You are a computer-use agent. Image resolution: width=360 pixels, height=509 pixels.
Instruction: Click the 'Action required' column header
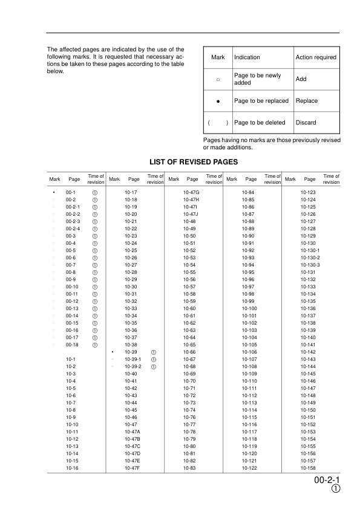(315, 57)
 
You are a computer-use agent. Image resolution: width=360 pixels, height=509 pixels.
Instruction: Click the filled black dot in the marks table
(218, 101)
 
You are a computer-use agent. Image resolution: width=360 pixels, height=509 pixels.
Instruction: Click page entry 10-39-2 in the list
(132, 366)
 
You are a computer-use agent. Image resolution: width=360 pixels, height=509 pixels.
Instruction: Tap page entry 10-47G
(191, 192)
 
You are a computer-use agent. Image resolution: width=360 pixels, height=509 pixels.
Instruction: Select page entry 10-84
(247, 192)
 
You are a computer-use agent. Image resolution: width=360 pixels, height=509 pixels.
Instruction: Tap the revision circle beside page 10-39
(154, 352)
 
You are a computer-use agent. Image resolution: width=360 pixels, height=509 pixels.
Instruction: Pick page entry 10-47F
(132, 468)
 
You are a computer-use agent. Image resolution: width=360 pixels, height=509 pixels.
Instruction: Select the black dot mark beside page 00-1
(54, 192)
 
